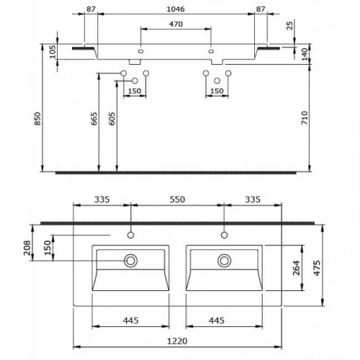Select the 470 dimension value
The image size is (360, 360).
tap(176, 24)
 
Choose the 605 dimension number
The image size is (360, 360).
tap(111, 119)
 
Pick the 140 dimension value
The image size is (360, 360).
tap(305, 54)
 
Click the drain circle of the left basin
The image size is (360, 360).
tap(131, 260)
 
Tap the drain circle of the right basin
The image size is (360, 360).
tap(225, 260)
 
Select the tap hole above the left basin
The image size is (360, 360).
tap(131, 234)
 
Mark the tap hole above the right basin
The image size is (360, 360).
tap(225, 234)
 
